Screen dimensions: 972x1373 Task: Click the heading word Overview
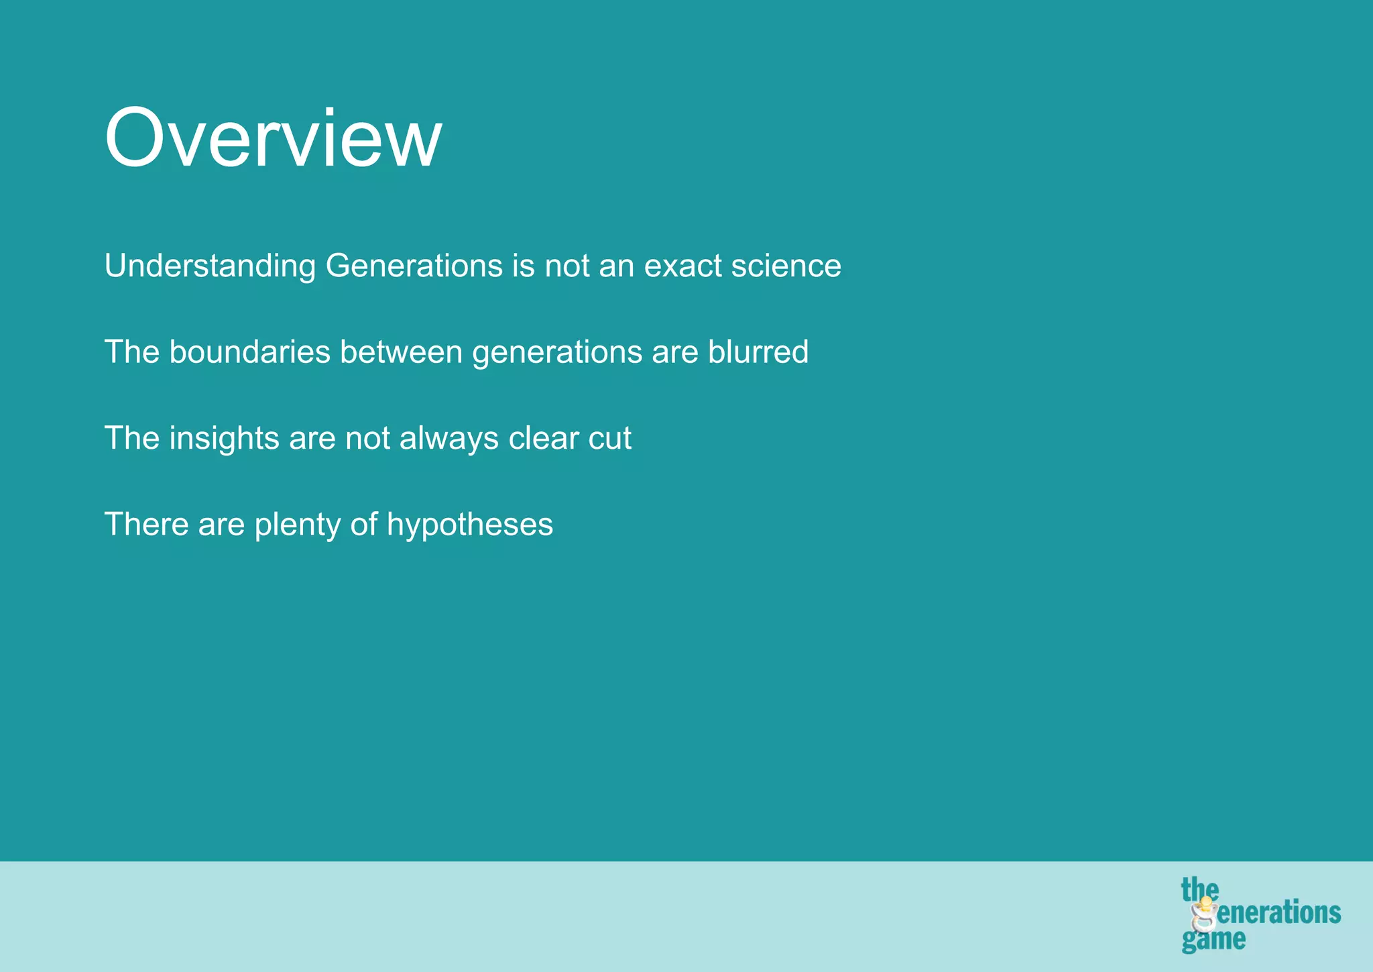coord(273,139)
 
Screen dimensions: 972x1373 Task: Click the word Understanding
coord(210,266)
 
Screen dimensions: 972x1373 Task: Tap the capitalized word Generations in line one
coord(414,266)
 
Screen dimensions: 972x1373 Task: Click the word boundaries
coord(249,352)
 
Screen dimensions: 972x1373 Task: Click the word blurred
coord(758,352)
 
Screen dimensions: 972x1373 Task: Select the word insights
coord(224,439)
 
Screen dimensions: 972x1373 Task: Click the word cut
coord(609,439)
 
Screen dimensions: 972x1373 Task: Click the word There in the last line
coord(147,525)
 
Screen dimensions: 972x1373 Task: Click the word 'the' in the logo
coord(1199,890)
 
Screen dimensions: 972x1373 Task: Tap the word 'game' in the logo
coord(1213,939)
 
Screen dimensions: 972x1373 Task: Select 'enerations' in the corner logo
coord(1278,914)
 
